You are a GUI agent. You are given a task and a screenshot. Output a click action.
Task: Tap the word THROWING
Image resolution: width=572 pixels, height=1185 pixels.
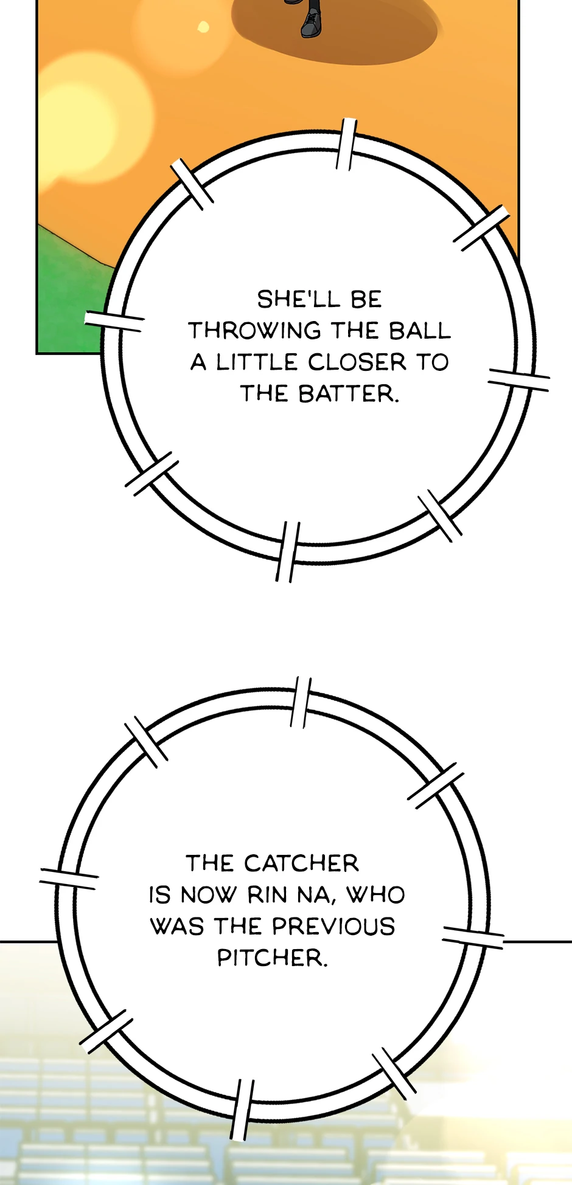coord(254,331)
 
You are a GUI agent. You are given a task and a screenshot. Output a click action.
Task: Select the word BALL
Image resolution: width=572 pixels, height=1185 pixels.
coord(420,331)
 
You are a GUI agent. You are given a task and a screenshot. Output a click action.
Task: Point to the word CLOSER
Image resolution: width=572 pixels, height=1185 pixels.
coord(357,363)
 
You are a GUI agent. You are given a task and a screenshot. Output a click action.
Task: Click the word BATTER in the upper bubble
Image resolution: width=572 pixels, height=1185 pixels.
coord(348,395)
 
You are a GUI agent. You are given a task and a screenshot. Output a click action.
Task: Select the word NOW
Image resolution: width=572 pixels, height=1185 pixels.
coord(208,896)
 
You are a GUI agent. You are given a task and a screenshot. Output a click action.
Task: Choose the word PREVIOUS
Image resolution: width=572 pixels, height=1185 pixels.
coord(333,927)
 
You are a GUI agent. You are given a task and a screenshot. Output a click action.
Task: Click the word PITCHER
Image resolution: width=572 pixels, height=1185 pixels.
coord(272,959)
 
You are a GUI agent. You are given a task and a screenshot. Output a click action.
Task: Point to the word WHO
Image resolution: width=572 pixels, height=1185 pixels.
coord(375,896)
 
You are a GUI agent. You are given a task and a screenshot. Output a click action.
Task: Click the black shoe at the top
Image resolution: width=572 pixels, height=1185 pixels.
coord(311,22)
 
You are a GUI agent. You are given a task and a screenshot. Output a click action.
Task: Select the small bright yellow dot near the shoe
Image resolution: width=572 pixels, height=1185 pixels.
coord(203,27)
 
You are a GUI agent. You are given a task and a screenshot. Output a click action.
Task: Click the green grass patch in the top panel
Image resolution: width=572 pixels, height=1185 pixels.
coord(67,292)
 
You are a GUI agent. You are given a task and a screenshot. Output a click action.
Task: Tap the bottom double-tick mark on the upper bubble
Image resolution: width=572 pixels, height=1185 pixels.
coord(287,551)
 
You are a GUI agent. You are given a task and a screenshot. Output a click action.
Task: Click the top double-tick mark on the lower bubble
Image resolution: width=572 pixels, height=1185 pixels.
coord(301,702)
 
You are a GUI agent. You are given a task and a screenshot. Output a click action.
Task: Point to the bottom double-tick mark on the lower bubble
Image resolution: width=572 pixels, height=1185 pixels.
coord(242,1110)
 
